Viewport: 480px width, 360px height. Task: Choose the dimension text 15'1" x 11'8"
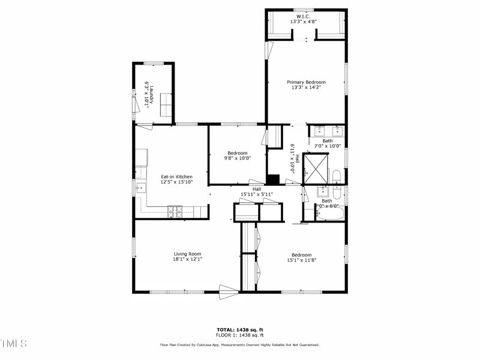[x=301, y=260]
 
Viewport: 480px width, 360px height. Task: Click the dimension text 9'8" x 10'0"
[x=238, y=158]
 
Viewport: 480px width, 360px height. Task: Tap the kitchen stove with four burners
[x=175, y=211]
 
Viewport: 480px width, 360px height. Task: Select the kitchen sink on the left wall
[x=140, y=187]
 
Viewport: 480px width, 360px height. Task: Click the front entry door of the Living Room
[x=229, y=292]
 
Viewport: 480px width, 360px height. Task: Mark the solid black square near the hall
[x=273, y=179]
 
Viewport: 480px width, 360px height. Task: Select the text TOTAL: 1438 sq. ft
[x=240, y=329]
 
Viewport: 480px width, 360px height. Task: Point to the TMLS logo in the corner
[x=14, y=343]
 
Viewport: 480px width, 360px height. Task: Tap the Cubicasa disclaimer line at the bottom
[x=240, y=345]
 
